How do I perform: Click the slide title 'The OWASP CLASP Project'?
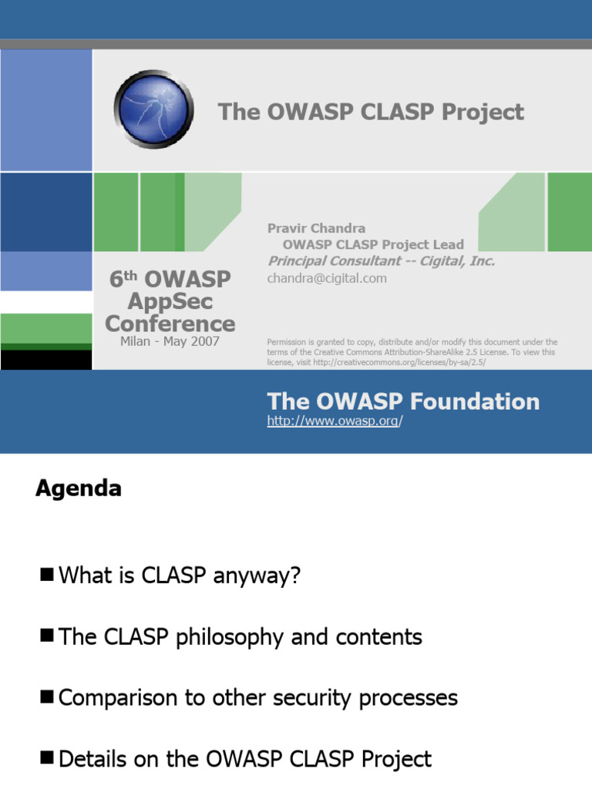[371, 112]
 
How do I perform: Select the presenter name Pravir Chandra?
[316, 228]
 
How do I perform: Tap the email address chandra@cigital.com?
[327, 278]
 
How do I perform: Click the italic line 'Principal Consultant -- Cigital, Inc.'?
[381, 261]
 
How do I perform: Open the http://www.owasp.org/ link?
[335, 421]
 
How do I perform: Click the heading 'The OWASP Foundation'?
[403, 401]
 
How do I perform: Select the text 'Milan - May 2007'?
[170, 341]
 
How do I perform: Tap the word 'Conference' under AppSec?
[170, 323]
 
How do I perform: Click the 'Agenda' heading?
[78, 489]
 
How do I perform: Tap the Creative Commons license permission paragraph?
[412, 352]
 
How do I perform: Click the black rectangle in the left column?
[46, 359]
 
